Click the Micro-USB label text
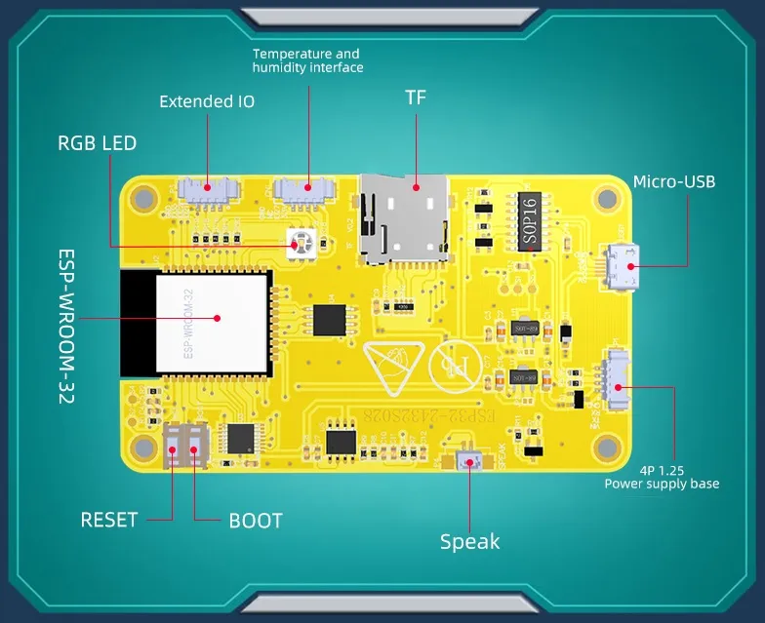(673, 182)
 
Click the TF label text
(416, 97)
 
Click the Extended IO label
(207, 101)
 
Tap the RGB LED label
(97, 143)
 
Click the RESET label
(109, 520)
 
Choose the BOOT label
(256, 521)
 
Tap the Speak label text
(469, 542)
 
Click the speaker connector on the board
(467, 460)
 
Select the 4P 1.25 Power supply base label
(662, 476)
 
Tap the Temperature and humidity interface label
(307, 60)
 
